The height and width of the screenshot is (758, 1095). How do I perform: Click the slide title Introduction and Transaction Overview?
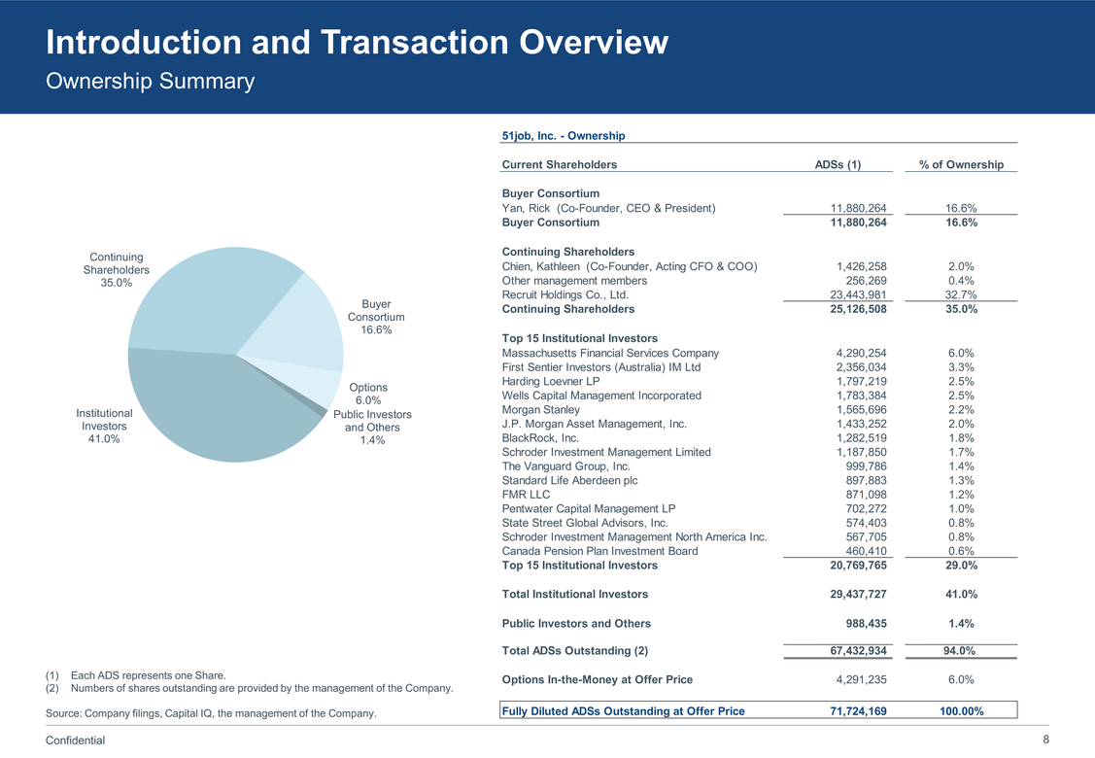tap(357, 43)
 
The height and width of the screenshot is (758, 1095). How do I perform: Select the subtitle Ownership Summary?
tap(150, 82)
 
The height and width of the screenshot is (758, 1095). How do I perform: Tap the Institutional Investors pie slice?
tap(214, 408)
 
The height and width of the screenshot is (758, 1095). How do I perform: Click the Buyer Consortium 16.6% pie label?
tap(376, 317)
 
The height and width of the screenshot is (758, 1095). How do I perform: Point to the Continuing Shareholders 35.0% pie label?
tap(117, 269)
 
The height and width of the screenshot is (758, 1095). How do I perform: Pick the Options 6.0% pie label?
tap(368, 394)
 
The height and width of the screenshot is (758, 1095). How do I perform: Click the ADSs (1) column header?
tap(838, 164)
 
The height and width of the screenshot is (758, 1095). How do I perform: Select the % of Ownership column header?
tap(961, 164)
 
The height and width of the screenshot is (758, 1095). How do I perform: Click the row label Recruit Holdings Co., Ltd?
tap(565, 294)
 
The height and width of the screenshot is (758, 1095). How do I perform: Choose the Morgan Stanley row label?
tap(541, 409)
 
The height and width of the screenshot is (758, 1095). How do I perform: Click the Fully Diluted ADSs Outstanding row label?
tap(623, 711)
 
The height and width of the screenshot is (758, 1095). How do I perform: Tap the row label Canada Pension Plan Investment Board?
tap(599, 551)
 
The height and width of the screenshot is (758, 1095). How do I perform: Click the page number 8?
tap(1045, 740)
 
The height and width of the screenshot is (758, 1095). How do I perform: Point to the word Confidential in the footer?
tap(76, 741)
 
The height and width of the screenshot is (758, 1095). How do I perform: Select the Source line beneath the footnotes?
tap(211, 714)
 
